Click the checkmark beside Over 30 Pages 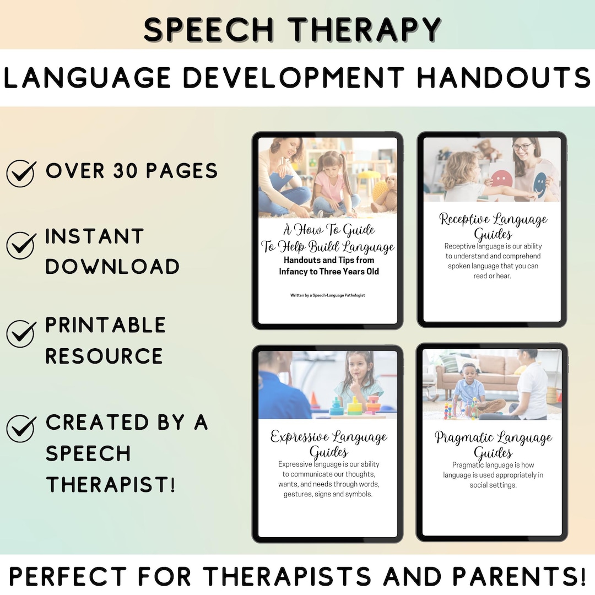pos(21,173)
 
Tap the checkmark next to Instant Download pos(21,245)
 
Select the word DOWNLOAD pos(112,266)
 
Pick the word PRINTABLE pos(105,325)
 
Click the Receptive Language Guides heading pos(493,226)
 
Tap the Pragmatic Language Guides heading pos(493,445)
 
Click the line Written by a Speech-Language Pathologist pos(327,295)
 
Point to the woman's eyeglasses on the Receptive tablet pos(522,147)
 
